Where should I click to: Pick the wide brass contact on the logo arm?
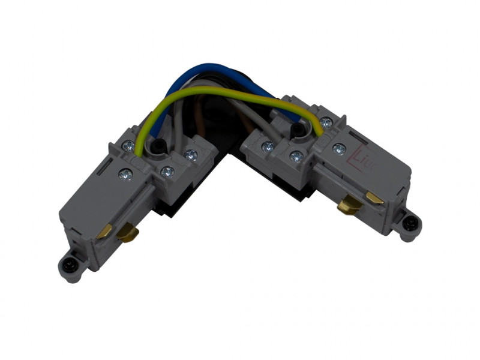pyautogui.click(x=347, y=205)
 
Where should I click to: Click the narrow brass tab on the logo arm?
pyautogui.click(x=376, y=198)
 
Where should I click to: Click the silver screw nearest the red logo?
pyautogui.click(x=340, y=148)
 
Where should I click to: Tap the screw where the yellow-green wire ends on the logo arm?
pyautogui.click(x=326, y=123)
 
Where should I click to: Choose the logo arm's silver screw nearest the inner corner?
pyautogui.click(x=268, y=146)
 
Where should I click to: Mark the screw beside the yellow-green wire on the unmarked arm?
pyautogui.click(x=128, y=146)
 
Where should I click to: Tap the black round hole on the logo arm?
pyautogui.click(x=296, y=129)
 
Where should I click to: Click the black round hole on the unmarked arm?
pyautogui.click(x=157, y=146)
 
